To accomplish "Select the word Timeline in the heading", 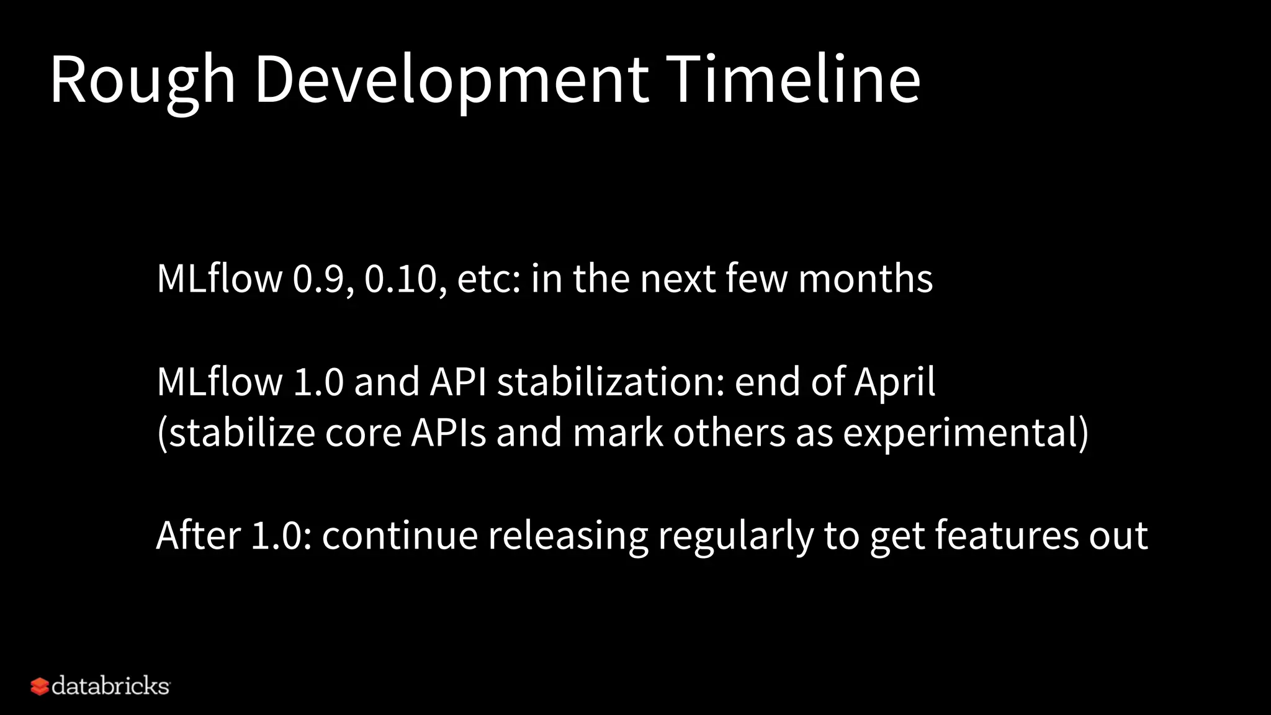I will click(x=793, y=79).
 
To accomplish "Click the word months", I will click(x=865, y=279).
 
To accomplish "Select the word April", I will click(x=894, y=383).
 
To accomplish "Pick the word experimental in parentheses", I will click(x=960, y=434).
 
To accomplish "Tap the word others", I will click(x=729, y=433).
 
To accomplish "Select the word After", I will click(x=198, y=535).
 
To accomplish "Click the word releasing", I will click(x=567, y=536).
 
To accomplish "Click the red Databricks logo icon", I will click(x=39, y=686).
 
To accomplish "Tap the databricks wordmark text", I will click(x=110, y=686).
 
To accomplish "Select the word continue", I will click(x=400, y=535).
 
